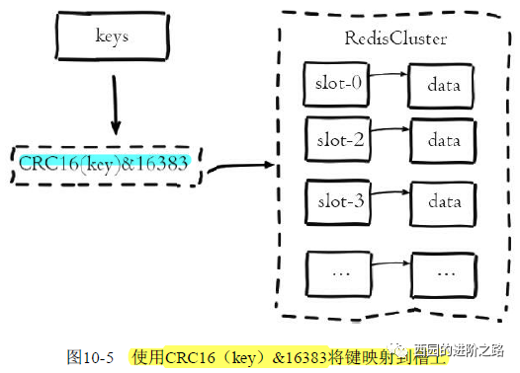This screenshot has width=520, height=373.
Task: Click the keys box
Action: tap(113, 37)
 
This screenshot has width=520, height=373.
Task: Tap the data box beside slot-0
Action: tap(443, 85)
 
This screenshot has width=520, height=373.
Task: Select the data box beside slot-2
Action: tap(443, 140)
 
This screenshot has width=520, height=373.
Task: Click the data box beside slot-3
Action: tap(443, 202)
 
